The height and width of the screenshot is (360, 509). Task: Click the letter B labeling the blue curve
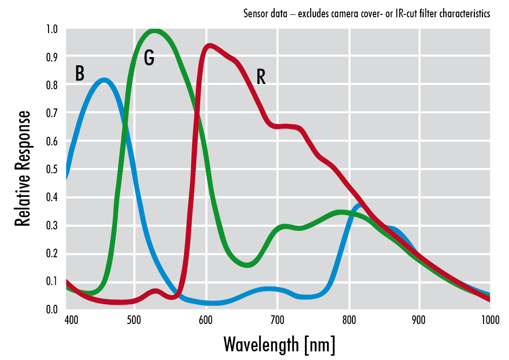point(80,73)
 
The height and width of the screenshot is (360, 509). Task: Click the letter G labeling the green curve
point(149,58)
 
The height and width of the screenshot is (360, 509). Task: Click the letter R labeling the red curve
point(261,77)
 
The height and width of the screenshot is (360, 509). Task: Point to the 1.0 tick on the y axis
point(52,29)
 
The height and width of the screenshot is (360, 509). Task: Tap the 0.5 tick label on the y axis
point(52,169)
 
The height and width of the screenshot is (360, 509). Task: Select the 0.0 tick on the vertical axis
point(52,309)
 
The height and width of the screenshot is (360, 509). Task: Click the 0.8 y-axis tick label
point(52,85)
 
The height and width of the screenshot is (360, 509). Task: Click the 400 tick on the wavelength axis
point(71,320)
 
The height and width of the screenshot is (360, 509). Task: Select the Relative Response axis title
point(23,168)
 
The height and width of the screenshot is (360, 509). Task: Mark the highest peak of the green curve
point(154,32)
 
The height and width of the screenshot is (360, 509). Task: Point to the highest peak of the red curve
point(209,47)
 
